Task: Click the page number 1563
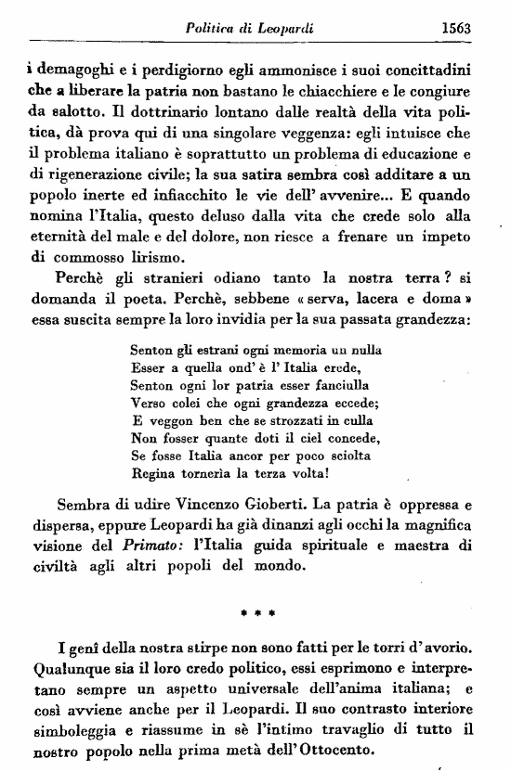click(x=457, y=28)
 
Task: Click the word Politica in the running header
click(x=213, y=28)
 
